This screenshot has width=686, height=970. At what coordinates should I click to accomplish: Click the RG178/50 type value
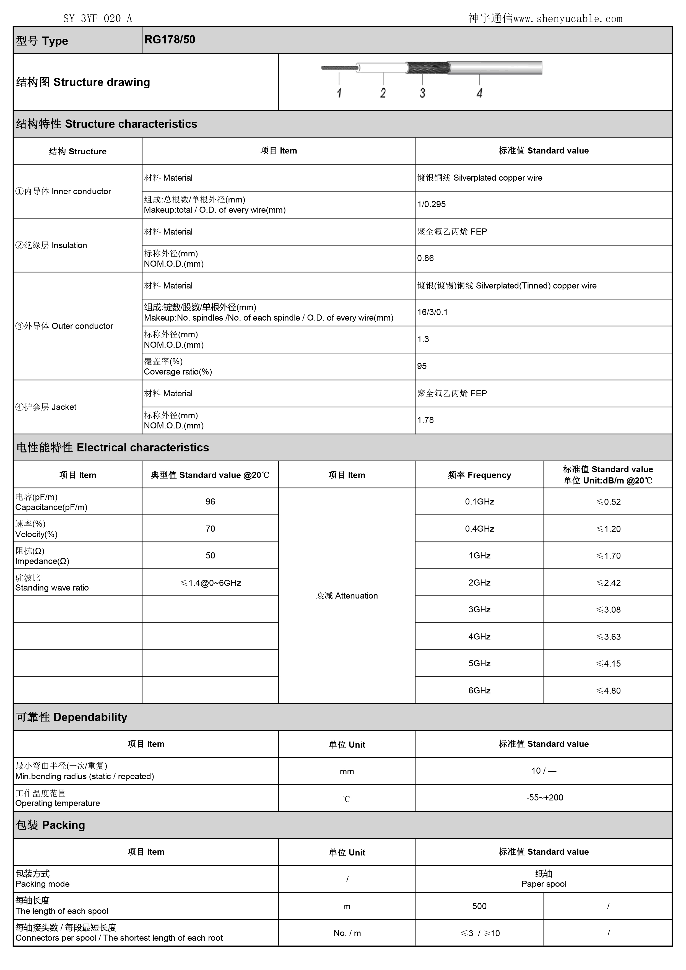tap(170, 40)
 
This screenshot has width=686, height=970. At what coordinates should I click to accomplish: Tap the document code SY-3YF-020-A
tap(98, 19)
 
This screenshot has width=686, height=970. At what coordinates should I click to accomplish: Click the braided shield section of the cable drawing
tap(427, 67)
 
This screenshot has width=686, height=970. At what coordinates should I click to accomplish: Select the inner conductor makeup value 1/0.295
tap(431, 204)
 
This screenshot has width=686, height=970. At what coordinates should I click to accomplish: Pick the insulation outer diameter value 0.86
tap(425, 258)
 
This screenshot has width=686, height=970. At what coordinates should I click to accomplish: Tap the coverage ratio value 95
tap(422, 366)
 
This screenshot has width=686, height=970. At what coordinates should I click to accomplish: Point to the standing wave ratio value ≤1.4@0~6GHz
tap(210, 583)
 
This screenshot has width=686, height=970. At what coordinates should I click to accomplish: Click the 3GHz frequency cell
tap(479, 610)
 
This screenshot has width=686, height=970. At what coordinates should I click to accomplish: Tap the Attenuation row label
tap(347, 596)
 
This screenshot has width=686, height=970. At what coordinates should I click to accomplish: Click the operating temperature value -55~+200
tap(544, 798)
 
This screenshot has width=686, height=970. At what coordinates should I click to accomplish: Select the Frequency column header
tap(479, 475)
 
